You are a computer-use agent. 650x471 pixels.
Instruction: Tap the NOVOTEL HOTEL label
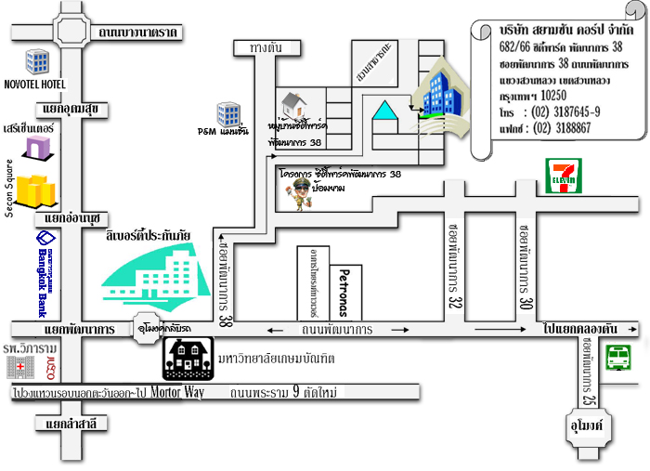pos(35,85)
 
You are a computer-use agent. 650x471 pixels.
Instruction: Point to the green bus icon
pos(618,359)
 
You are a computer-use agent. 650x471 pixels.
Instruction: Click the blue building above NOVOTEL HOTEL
pos(37,62)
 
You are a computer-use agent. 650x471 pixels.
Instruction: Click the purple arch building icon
pos(38,146)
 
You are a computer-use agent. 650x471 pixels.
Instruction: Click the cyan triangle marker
pos(383,111)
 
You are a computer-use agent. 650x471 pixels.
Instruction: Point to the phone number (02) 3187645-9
pos(565,111)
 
